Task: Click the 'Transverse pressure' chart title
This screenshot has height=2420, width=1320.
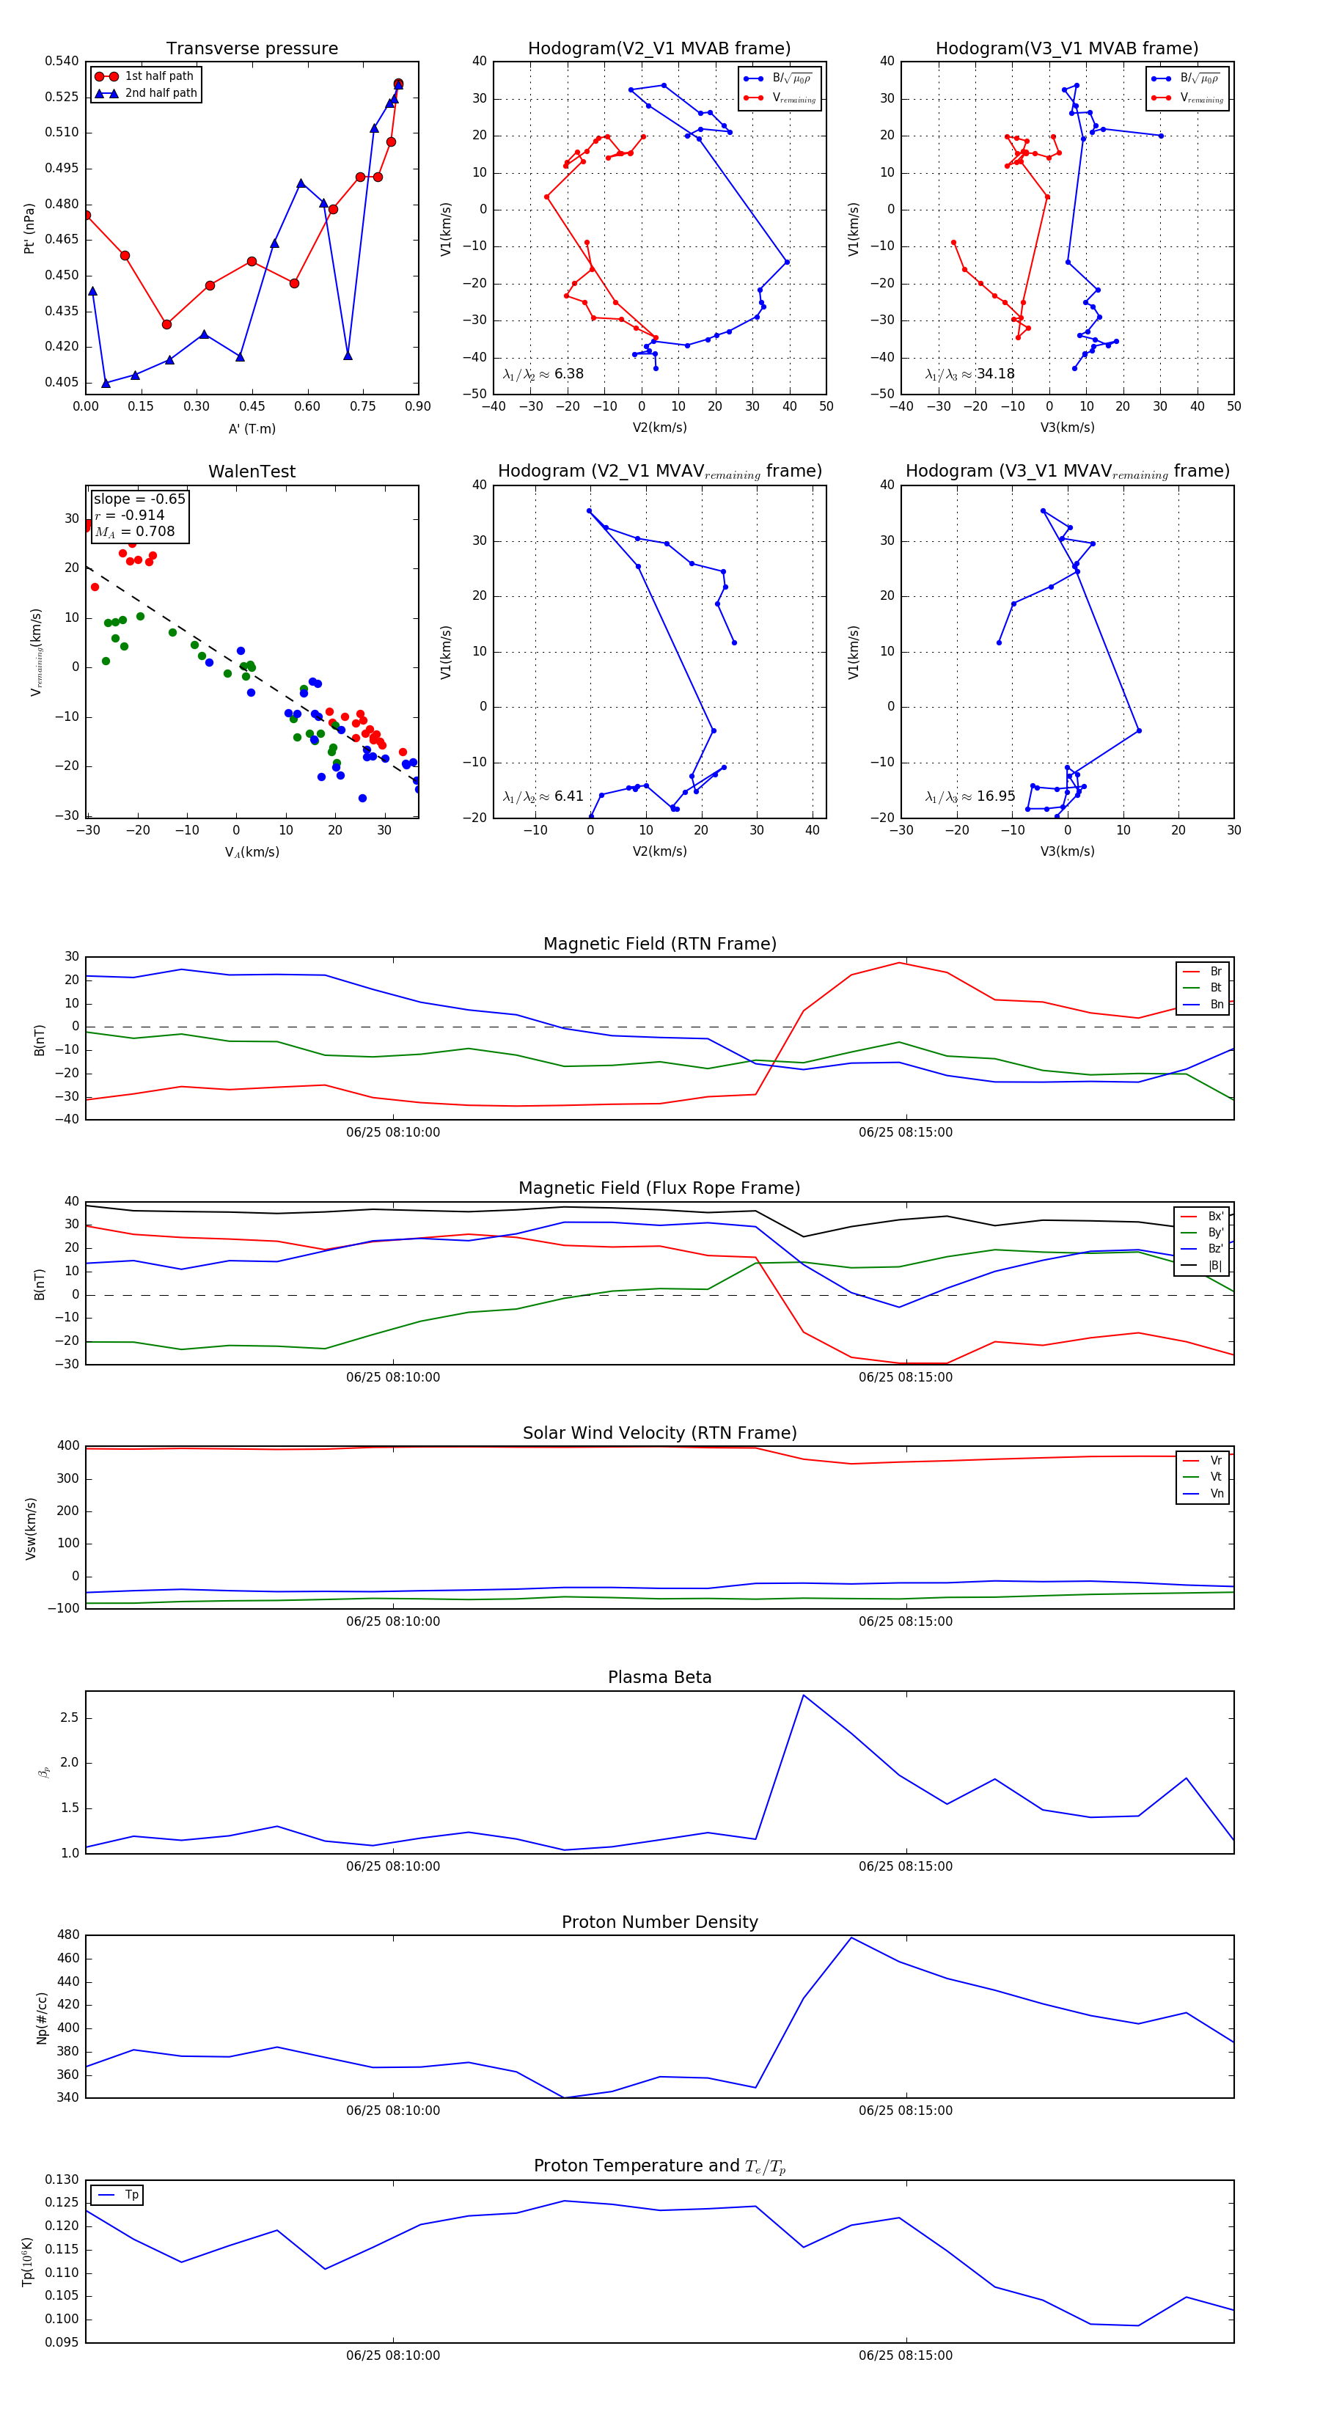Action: point(252,49)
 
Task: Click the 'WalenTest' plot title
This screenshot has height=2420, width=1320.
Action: point(252,472)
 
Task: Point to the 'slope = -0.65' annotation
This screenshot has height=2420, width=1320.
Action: point(139,499)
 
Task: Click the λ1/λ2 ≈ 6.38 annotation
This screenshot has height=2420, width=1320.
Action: point(543,374)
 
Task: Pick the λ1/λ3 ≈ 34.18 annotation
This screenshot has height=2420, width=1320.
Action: point(969,374)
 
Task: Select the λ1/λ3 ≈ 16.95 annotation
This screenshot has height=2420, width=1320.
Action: point(969,796)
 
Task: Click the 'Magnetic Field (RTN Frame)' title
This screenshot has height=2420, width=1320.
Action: point(659,944)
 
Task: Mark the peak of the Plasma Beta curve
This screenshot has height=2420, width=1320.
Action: point(803,1695)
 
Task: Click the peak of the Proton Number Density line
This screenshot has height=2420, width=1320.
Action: point(851,1937)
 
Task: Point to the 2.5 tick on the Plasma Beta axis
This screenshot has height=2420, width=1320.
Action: point(70,1717)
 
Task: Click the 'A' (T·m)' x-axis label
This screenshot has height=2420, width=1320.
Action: point(252,429)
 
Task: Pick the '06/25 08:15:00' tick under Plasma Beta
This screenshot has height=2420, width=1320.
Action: point(905,1866)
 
